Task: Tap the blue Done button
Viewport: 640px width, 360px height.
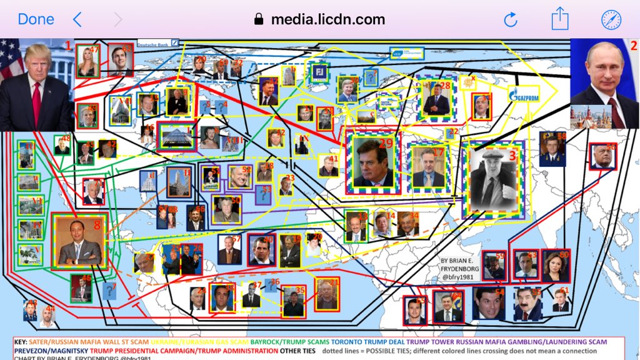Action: click(x=36, y=19)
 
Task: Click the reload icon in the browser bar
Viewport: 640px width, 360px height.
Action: click(x=511, y=19)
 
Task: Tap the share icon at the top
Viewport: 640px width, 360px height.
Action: click(x=559, y=19)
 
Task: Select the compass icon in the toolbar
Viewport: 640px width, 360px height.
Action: click(x=611, y=19)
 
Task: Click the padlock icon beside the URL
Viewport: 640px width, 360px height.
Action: click(x=259, y=20)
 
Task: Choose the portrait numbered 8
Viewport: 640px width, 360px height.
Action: click(x=79, y=242)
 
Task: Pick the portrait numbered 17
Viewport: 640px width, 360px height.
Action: click(x=428, y=167)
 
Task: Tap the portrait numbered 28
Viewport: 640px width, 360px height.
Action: click(x=437, y=99)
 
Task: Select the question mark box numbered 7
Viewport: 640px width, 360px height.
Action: click(x=109, y=291)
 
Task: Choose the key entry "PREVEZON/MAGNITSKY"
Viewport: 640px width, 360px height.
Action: click(x=44, y=351)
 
